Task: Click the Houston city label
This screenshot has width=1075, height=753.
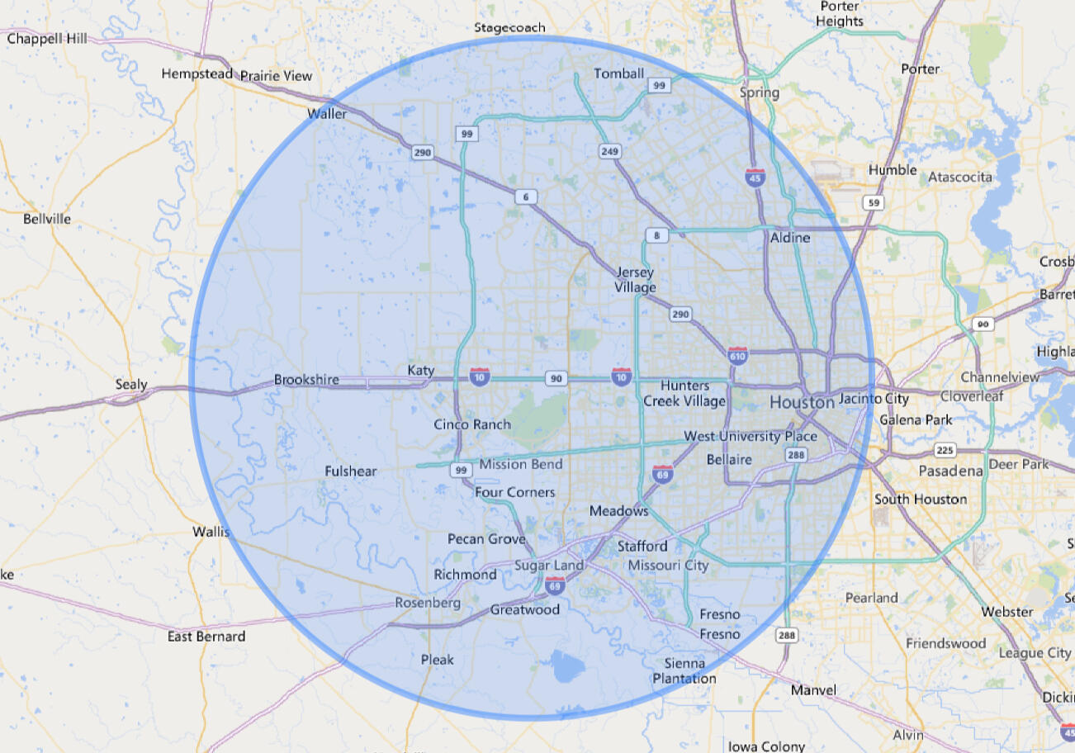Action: (802, 403)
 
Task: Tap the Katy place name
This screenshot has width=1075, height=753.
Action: (421, 371)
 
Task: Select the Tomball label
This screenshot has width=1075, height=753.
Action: (618, 73)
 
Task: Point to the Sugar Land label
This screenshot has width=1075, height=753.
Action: (549, 566)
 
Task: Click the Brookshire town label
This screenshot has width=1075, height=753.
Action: (306, 380)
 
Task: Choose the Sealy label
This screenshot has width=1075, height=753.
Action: (131, 384)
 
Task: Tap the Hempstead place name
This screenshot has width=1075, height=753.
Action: (197, 73)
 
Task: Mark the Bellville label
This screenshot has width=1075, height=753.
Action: (47, 219)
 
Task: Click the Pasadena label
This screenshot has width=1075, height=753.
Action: (951, 471)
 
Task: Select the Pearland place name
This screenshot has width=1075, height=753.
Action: (871, 597)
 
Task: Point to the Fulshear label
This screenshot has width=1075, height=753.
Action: (351, 471)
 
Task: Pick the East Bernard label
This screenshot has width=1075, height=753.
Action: (206, 637)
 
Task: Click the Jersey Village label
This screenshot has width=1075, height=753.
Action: (635, 280)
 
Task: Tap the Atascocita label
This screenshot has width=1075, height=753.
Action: (960, 177)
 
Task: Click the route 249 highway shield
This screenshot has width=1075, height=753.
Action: (609, 151)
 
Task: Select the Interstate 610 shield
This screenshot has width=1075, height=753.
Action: (737, 355)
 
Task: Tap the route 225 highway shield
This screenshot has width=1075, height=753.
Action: (945, 450)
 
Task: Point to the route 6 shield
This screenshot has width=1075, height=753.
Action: (524, 197)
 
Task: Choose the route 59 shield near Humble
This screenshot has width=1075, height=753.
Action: (871, 202)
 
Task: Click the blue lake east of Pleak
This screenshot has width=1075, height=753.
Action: (566, 665)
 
